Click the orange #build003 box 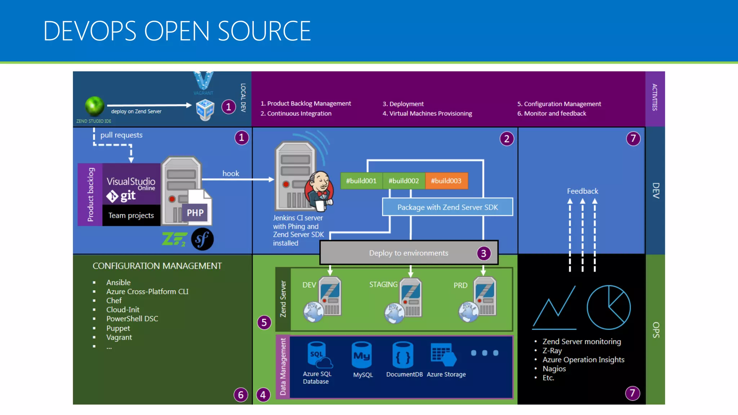(x=446, y=181)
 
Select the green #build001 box (x=361, y=181)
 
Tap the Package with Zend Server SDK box (x=447, y=207)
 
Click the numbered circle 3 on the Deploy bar (x=484, y=253)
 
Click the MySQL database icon (x=362, y=355)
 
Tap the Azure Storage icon (x=443, y=354)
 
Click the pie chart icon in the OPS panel (x=609, y=307)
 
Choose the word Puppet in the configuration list (x=118, y=328)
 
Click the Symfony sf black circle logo (x=202, y=239)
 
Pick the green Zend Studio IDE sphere (x=94, y=106)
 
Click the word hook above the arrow (x=231, y=173)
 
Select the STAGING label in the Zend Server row (x=383, y=285)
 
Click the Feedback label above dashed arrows (x=582, y=191)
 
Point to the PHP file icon (x=196, y=208)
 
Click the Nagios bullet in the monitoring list (x=554, y=369)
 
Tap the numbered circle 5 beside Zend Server (x=264, y=322)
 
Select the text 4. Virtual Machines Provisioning (x=427, y=113)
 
